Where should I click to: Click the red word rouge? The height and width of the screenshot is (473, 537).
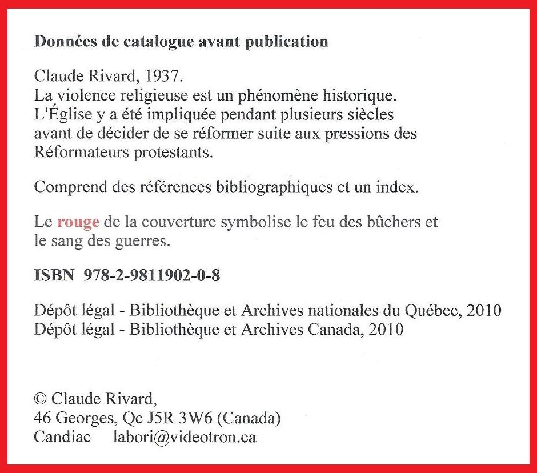[78, 222]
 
